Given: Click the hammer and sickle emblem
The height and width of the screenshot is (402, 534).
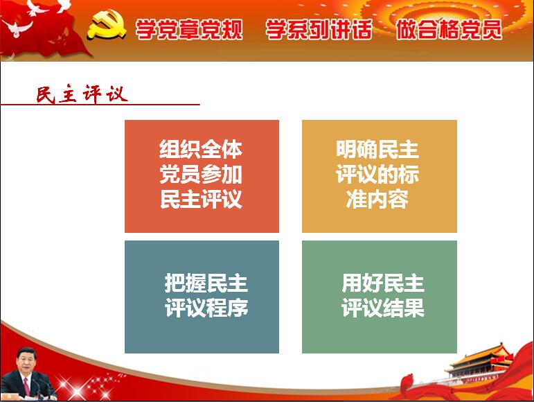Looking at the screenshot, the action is [106, 24].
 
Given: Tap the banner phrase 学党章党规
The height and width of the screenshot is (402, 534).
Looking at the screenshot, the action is [189, 29].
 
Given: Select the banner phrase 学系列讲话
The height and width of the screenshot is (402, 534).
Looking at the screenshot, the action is [319, 29].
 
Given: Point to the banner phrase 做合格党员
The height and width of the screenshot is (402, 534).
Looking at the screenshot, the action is [449, 29].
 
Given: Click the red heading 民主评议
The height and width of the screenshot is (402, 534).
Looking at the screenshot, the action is [82, 94].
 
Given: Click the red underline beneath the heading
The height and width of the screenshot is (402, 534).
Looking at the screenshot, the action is [100, 104].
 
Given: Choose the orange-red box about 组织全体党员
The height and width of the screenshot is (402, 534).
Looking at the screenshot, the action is [202, 176].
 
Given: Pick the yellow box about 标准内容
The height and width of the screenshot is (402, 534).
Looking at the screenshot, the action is [380, 176].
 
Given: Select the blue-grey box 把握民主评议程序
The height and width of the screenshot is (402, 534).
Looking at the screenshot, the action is [202, 297].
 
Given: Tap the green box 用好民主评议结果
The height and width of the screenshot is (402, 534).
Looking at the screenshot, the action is [380, 297].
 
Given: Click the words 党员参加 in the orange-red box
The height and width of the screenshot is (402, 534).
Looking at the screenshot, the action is [201, 174].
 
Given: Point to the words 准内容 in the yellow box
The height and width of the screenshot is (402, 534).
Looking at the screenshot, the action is [377, 199].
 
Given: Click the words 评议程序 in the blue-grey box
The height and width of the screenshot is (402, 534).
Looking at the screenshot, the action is [206, 308].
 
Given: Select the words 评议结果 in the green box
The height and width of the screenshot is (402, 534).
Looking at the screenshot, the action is [383, 308].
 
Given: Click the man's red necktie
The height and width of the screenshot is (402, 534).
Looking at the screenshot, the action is [26, 386].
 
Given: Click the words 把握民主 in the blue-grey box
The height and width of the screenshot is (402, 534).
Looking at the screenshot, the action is [206, 283].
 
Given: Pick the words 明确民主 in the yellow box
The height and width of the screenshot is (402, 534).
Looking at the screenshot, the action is [377, 149].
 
